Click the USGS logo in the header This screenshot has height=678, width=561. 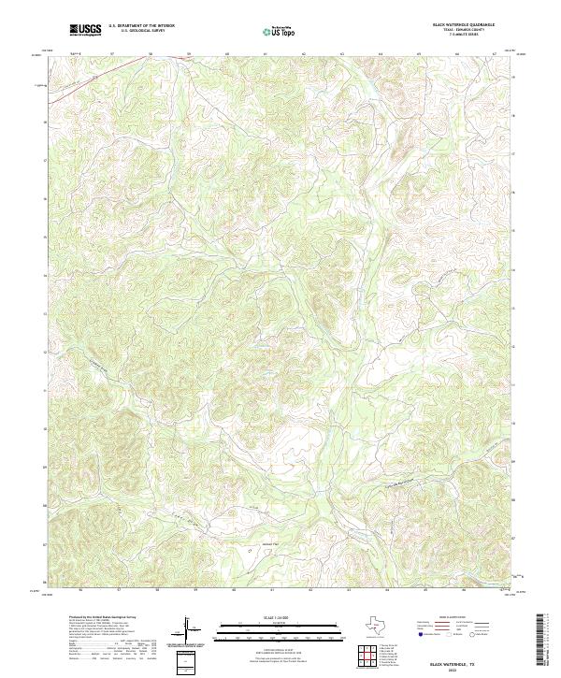pos(85,30)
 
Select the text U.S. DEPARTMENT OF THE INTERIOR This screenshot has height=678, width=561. pos(141,27)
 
